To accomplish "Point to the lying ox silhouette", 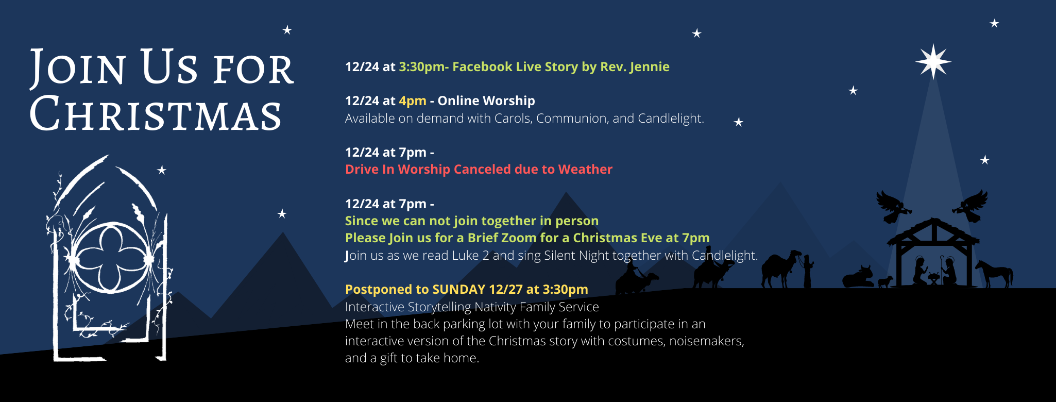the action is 858,277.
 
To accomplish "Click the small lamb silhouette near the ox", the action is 885,282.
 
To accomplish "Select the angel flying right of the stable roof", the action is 970,206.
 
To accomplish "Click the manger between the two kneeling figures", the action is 934,279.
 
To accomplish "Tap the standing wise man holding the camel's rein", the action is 807,271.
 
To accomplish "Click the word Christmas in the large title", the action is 156,114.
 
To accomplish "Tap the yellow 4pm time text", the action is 413,101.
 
